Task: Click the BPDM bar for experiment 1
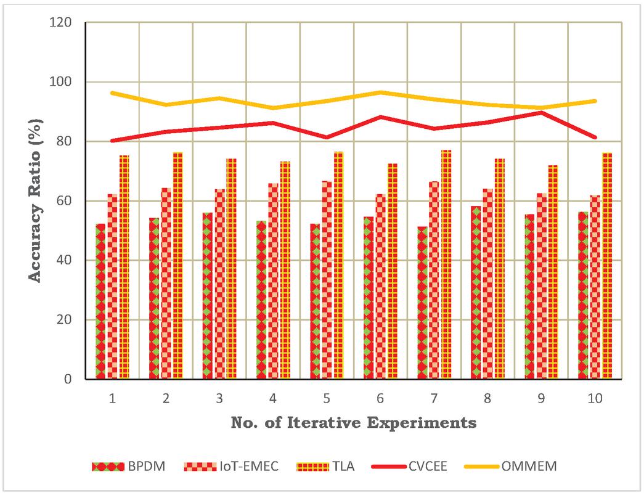(100, 301)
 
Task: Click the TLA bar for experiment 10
(607, 266)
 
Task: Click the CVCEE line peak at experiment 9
(540, 112)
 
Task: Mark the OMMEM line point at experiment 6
(380, 92)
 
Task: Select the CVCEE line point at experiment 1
(112, 141)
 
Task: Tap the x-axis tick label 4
(273, 399)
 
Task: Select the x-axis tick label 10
(594, 399)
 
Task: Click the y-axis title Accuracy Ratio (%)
(36, 201)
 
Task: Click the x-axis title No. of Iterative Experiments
(353, 423)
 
